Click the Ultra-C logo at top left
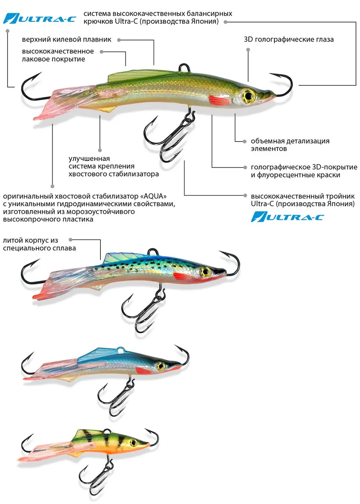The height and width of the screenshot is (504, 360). click(40, 18)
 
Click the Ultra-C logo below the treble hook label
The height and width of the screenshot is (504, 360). click(287, 217)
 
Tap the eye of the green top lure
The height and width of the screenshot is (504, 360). click(249, 96)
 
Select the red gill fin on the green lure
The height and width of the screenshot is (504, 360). click(219, 99)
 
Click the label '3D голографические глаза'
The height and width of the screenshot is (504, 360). click(288, 39)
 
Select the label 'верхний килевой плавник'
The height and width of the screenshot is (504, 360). click(66, 39)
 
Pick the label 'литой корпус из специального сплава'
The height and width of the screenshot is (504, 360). click(39, 244)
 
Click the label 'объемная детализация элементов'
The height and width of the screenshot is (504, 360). click(290, 145)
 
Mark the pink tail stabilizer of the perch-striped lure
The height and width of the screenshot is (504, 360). click(50, 450)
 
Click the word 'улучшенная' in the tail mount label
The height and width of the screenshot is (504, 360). click(89, 159)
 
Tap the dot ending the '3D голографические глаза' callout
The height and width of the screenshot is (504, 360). click(248, 50)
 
